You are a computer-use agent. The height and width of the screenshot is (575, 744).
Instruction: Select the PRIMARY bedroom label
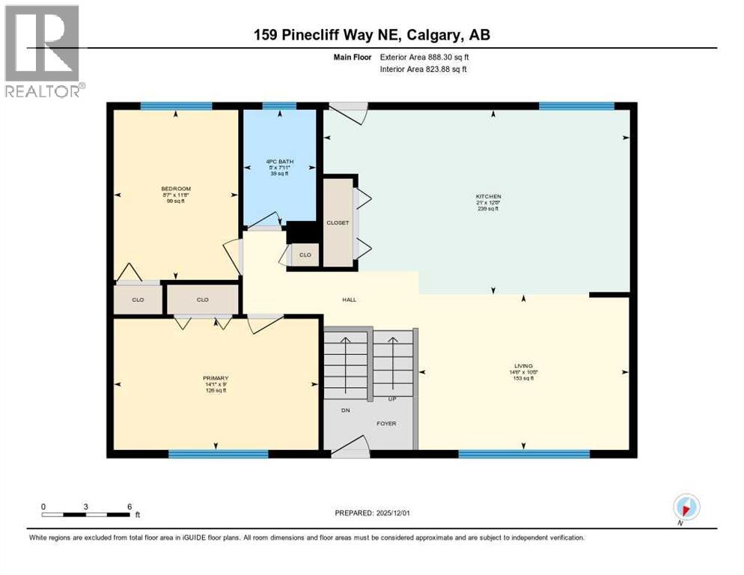215,378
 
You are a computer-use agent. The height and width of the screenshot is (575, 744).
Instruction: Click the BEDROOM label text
176,189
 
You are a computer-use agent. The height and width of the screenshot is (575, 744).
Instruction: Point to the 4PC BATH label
277,162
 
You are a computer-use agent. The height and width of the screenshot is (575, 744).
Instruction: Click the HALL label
349,299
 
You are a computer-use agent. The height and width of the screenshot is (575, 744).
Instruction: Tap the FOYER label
386,423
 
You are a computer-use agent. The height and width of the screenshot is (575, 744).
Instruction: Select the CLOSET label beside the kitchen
338,222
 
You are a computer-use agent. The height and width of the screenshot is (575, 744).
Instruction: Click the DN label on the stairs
345,410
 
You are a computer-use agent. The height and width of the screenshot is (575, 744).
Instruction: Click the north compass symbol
686,507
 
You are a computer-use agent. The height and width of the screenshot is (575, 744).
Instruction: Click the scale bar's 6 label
129,506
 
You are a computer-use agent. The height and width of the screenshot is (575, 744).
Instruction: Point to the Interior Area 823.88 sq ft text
424,70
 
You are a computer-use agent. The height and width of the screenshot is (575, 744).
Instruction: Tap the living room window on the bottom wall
523,454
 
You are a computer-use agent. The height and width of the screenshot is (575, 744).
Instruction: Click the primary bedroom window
218,454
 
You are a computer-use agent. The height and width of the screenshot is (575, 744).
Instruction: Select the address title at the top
371,34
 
